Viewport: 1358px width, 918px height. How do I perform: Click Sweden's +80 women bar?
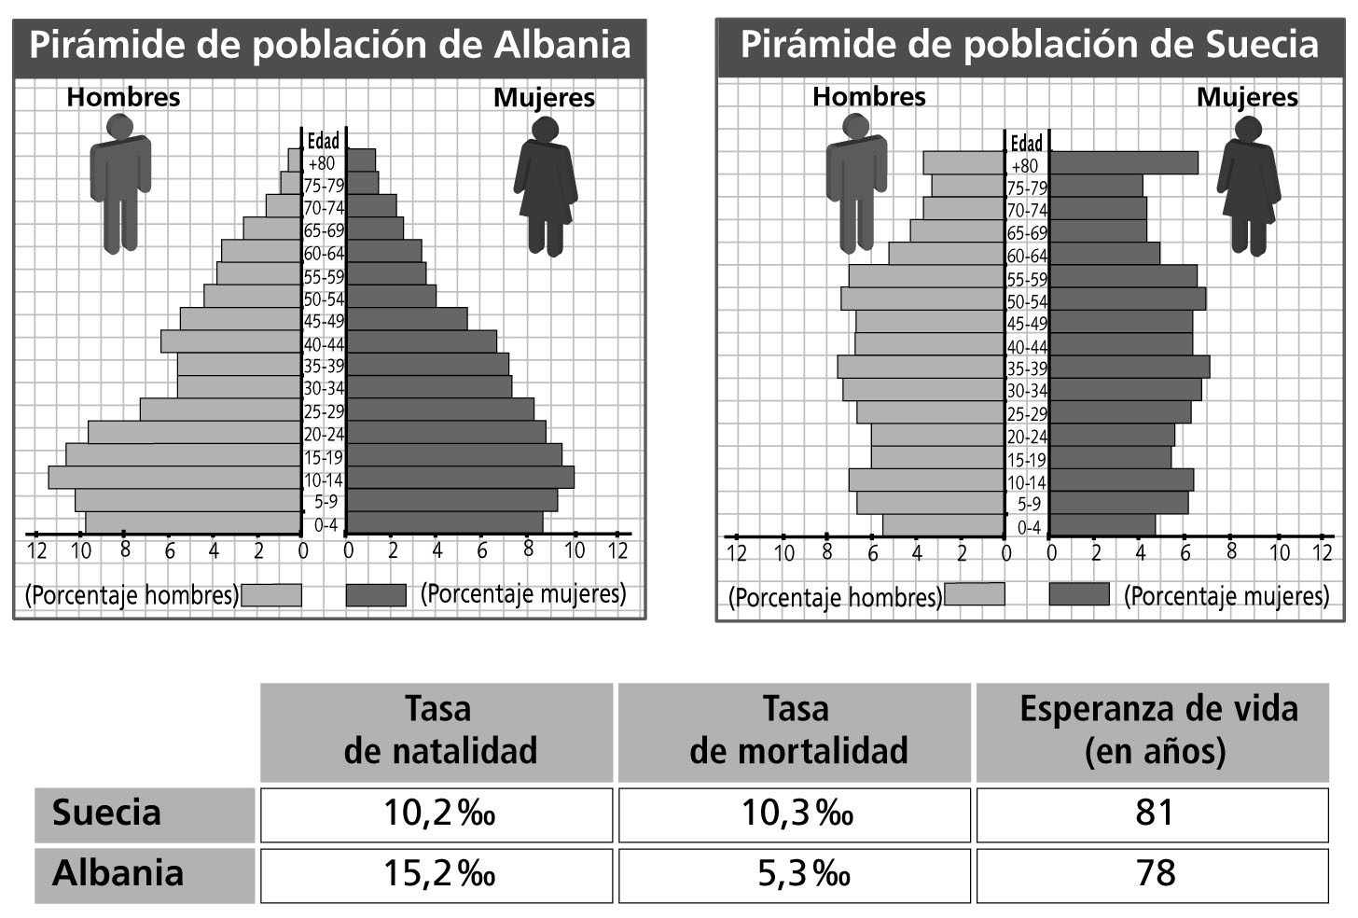pos(1124,163)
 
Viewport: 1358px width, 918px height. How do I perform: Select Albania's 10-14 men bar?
pos(174,478)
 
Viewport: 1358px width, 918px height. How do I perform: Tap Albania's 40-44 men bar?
pos(230,341)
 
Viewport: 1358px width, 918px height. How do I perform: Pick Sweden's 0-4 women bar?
pos(1102,525)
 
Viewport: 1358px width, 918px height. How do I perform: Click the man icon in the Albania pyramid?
pos(120,184)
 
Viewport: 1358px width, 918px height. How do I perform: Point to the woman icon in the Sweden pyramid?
pos(1248,187)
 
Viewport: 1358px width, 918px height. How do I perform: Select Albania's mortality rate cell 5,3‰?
pos(795,874)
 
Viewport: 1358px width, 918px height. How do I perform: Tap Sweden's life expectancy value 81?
pos(1153,814)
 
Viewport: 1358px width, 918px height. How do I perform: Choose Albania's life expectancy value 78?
pos(1153,874)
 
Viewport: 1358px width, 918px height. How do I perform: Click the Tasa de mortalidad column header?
pos(795,730)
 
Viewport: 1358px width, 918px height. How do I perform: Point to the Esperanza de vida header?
pos(1153,730)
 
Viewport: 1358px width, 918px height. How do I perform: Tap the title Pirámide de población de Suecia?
pos(1030,45)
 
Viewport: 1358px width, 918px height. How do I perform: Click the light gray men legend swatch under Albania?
pos(271,595)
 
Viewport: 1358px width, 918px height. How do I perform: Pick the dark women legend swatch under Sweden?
pos(1079,594)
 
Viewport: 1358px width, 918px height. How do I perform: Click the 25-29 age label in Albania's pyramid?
pos(324,411)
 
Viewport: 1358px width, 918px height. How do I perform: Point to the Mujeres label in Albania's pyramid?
pos(544,98)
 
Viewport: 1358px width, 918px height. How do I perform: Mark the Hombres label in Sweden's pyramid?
pos(868,97)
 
